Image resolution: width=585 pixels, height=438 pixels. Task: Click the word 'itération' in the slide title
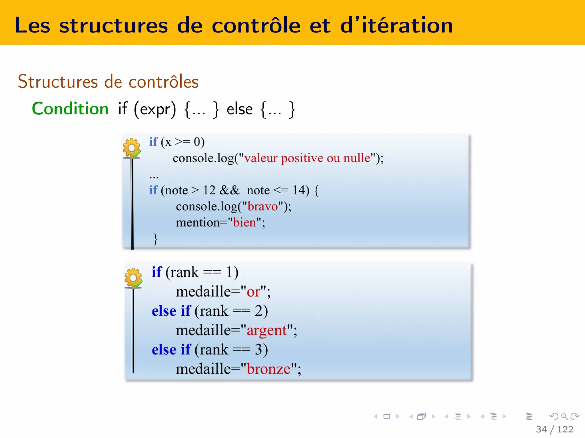(407, 26)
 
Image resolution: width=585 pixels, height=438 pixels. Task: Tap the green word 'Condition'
(70, 109)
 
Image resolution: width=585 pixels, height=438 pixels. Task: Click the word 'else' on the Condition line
(239, 109)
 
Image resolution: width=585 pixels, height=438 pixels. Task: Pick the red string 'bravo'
(263, 206)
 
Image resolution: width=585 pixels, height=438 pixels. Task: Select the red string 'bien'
(245, 222)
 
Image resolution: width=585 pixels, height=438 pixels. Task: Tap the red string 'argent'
(267, 330)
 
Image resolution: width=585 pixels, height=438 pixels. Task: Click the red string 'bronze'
(269, 369)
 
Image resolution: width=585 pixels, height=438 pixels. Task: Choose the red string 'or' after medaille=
(253, 292)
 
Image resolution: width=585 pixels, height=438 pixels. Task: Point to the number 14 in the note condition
(299, 190)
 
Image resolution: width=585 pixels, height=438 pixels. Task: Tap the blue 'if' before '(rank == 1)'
(157, 272)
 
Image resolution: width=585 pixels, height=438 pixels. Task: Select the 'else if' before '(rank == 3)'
(171, 350)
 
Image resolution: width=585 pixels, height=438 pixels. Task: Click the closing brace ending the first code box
(155, 239)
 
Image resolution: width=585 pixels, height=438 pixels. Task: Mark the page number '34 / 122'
(554, 429)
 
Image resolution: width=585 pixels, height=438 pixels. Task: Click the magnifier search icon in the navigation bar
(564, 417)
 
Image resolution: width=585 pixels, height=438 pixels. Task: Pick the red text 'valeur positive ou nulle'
(307, 158)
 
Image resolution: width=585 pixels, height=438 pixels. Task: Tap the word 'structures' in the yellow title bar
(114, 26)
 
